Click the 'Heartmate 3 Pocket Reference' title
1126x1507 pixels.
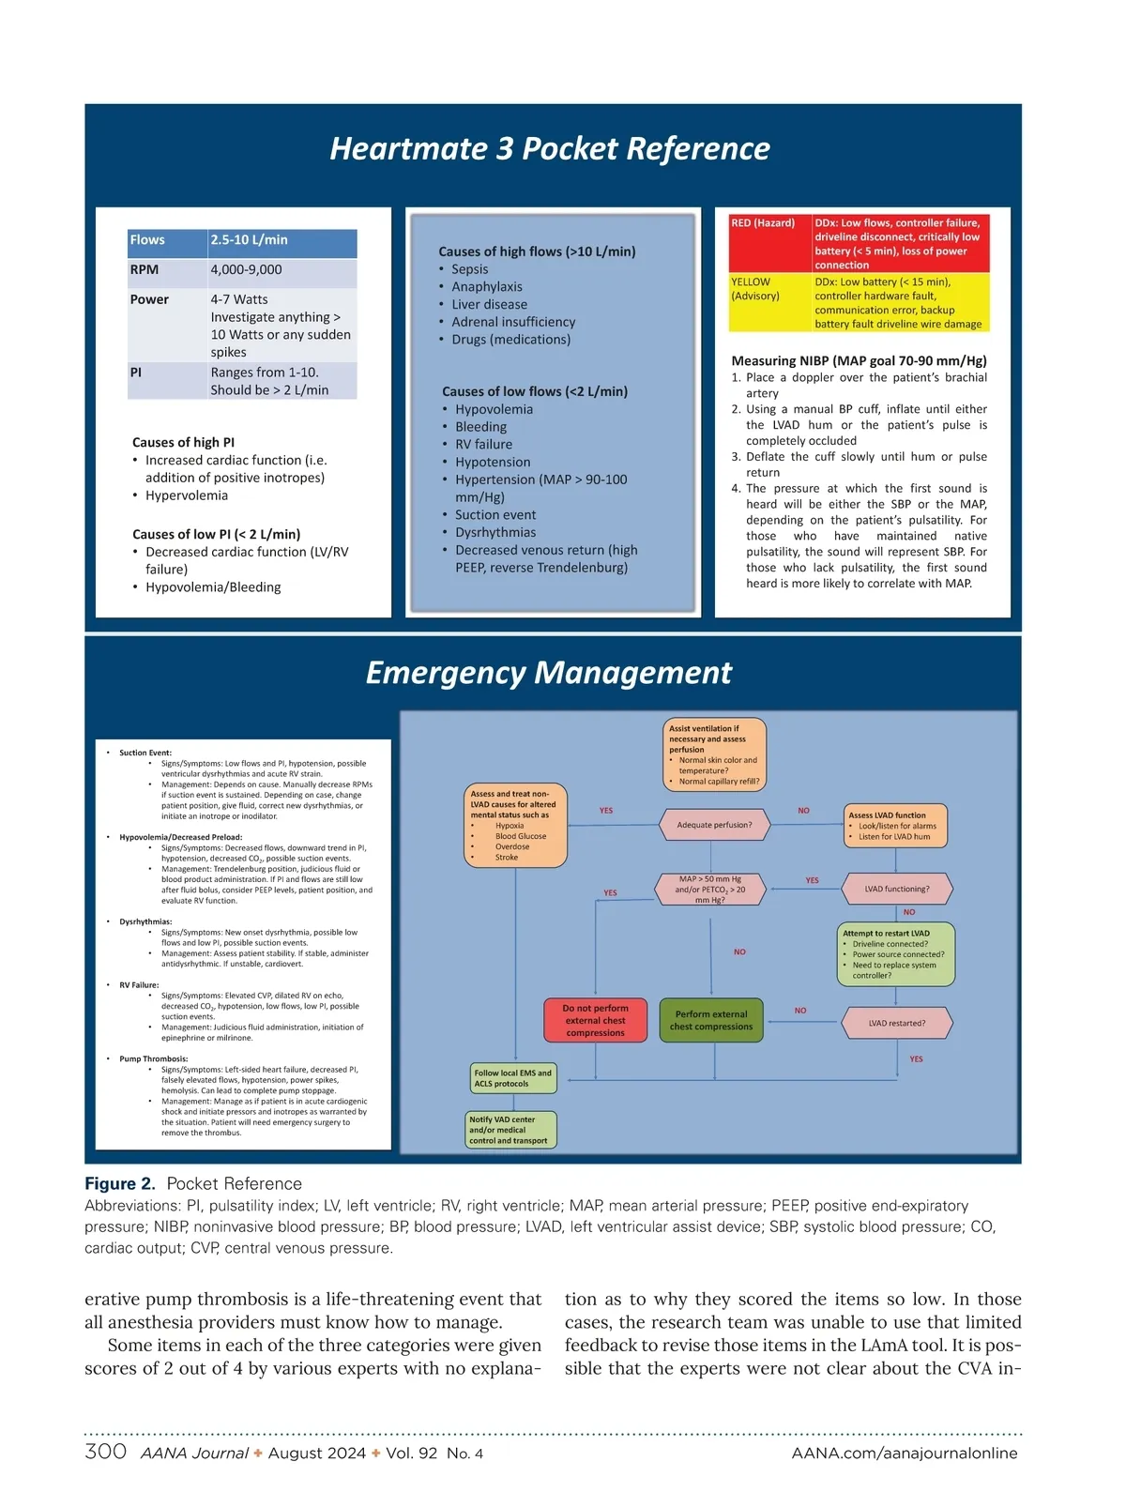tap(550, 148)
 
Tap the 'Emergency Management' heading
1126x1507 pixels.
tap(549, 673)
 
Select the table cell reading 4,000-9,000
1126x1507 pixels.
tap(246, 270)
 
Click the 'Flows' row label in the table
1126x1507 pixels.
tap(147, 240)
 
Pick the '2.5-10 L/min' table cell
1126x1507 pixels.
tap(250, 240)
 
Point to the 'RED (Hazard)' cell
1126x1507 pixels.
tap(763, 223)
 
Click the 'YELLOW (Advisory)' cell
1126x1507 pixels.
tap(755, 289)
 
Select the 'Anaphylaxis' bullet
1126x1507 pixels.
tap(487, 287)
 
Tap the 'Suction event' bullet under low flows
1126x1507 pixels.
tap(495, 515)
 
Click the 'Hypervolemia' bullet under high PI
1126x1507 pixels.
tap(187, 495)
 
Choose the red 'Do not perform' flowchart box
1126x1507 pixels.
tap(595, 1020)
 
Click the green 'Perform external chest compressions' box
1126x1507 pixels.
tap(711, 1020)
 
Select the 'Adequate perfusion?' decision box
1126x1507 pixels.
tap(715, 825)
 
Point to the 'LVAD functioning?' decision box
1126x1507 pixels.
tap(897, 889)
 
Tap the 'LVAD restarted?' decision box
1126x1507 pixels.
tap(896, 1023)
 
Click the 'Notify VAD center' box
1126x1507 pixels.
tap(511, 1130)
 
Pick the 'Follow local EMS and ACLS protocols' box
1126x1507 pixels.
tap(513, 1078)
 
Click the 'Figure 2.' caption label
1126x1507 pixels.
tap(120, 1184)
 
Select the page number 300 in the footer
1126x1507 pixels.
tap(105, 1452)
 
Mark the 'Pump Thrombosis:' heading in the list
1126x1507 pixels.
tap(153, 1058)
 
